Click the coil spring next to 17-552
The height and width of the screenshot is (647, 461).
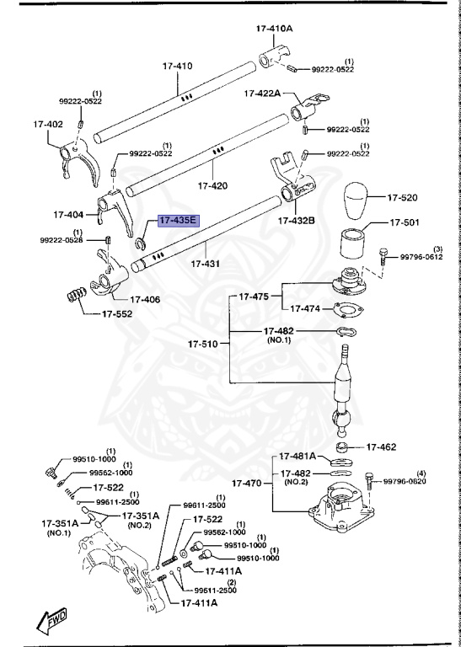point(77,297)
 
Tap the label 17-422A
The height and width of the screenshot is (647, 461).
point(264,94)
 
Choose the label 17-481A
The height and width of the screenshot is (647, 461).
point(298,457)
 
